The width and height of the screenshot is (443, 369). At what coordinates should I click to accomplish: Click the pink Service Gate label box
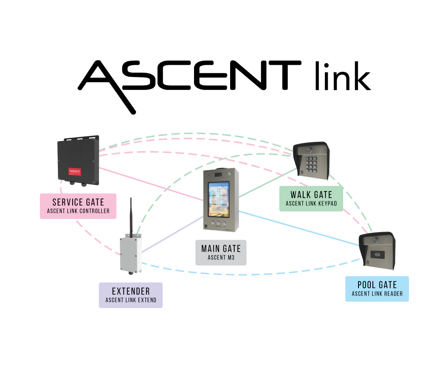click(x=78, y=206)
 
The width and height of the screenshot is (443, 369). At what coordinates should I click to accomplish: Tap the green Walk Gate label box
click(x=311, y=198)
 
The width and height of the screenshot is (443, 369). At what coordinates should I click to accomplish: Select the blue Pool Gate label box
click(x=377, y=289)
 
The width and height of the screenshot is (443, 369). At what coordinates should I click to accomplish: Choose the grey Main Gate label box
click(x=221, y=252)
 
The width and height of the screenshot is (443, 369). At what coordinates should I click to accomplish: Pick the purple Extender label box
click(x=131, y=295)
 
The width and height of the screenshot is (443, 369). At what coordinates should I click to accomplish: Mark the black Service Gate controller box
click(x=78, y=160)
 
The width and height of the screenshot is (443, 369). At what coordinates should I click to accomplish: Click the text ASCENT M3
click(x=221, y=257)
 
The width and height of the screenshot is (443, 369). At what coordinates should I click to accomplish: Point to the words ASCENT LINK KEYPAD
click(x=311, y=203)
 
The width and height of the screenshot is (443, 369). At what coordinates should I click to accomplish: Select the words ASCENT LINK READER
click(x=377, y=294)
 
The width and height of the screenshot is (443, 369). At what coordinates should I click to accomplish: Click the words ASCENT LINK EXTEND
click(x=131, y=300)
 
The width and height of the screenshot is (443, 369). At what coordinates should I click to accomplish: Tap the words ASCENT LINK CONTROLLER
click(x=78, y=211)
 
